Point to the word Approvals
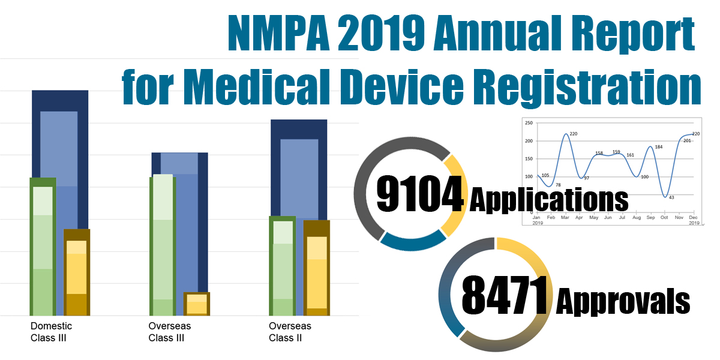coord(623,299)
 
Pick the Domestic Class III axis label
coord(51,332)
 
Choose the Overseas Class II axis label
coord(290,332)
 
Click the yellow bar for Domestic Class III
coord(76,273)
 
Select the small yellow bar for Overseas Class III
coord(196,304)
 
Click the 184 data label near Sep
coord(659,147)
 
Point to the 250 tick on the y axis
coord(529,122)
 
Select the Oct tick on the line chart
coord(665,218)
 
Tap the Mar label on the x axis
coord(565,218)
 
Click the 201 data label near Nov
coord(687,140)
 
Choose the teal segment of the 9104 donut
coord(413,240)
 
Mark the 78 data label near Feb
coord(558,185)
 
